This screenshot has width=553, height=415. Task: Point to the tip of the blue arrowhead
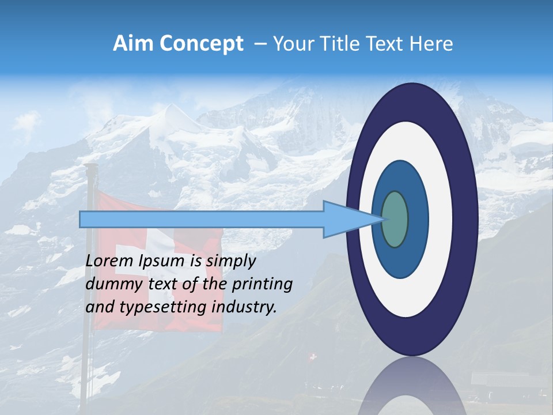click(384, 219)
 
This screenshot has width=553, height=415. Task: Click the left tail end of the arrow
click(81, 220)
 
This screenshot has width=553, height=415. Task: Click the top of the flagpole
click(90, 167)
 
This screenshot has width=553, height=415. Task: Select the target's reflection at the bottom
click(412, 386)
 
